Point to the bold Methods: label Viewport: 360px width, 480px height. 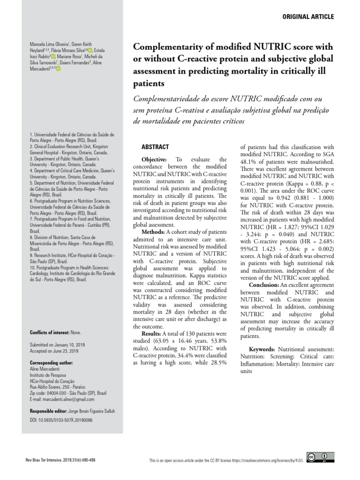coord(153,232)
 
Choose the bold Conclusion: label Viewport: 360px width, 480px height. coord(267,285)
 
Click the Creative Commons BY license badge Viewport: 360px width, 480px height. coord(321,457)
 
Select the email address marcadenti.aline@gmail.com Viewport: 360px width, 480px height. coord(69,399)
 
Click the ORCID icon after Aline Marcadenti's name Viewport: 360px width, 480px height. coord(59,68)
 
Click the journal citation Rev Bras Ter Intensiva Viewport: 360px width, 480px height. coord(45,460)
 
